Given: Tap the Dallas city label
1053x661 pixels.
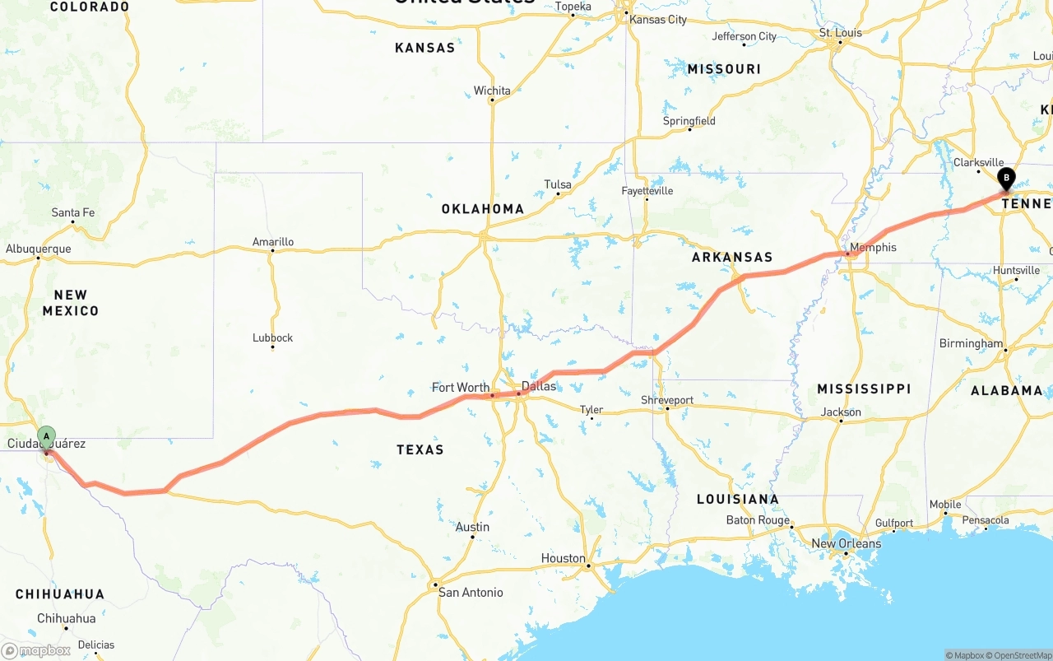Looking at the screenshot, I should coord(539,386).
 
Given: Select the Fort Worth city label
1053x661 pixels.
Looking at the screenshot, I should coord(461,388).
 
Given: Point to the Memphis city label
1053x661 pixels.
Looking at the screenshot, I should coord(873,248).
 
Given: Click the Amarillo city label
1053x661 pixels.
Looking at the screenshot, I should coord(273,242).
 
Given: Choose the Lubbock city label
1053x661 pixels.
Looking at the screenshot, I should coord(273,338).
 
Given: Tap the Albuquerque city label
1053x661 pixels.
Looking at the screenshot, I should coord(39,249).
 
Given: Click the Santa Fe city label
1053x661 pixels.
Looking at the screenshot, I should coord(73,213).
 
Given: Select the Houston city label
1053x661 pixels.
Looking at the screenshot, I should coord(564,558).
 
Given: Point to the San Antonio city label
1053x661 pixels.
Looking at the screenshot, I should coord(471,593).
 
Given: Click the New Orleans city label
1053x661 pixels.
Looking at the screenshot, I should coord(846,544).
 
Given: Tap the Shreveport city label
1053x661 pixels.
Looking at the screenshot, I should coord(667,401).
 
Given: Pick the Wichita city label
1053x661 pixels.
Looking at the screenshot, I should coord(492,91).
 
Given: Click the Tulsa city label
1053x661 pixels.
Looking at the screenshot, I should coord(558,185).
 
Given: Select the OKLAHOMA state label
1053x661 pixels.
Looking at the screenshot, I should coord(483,209).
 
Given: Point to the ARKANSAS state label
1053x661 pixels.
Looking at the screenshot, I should coord(732,257).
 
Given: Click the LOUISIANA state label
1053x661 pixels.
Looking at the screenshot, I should coord(737,499).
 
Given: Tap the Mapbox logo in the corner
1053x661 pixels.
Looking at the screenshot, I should coord(37,651).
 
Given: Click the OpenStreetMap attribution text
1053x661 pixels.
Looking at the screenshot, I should coord(1021,655).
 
